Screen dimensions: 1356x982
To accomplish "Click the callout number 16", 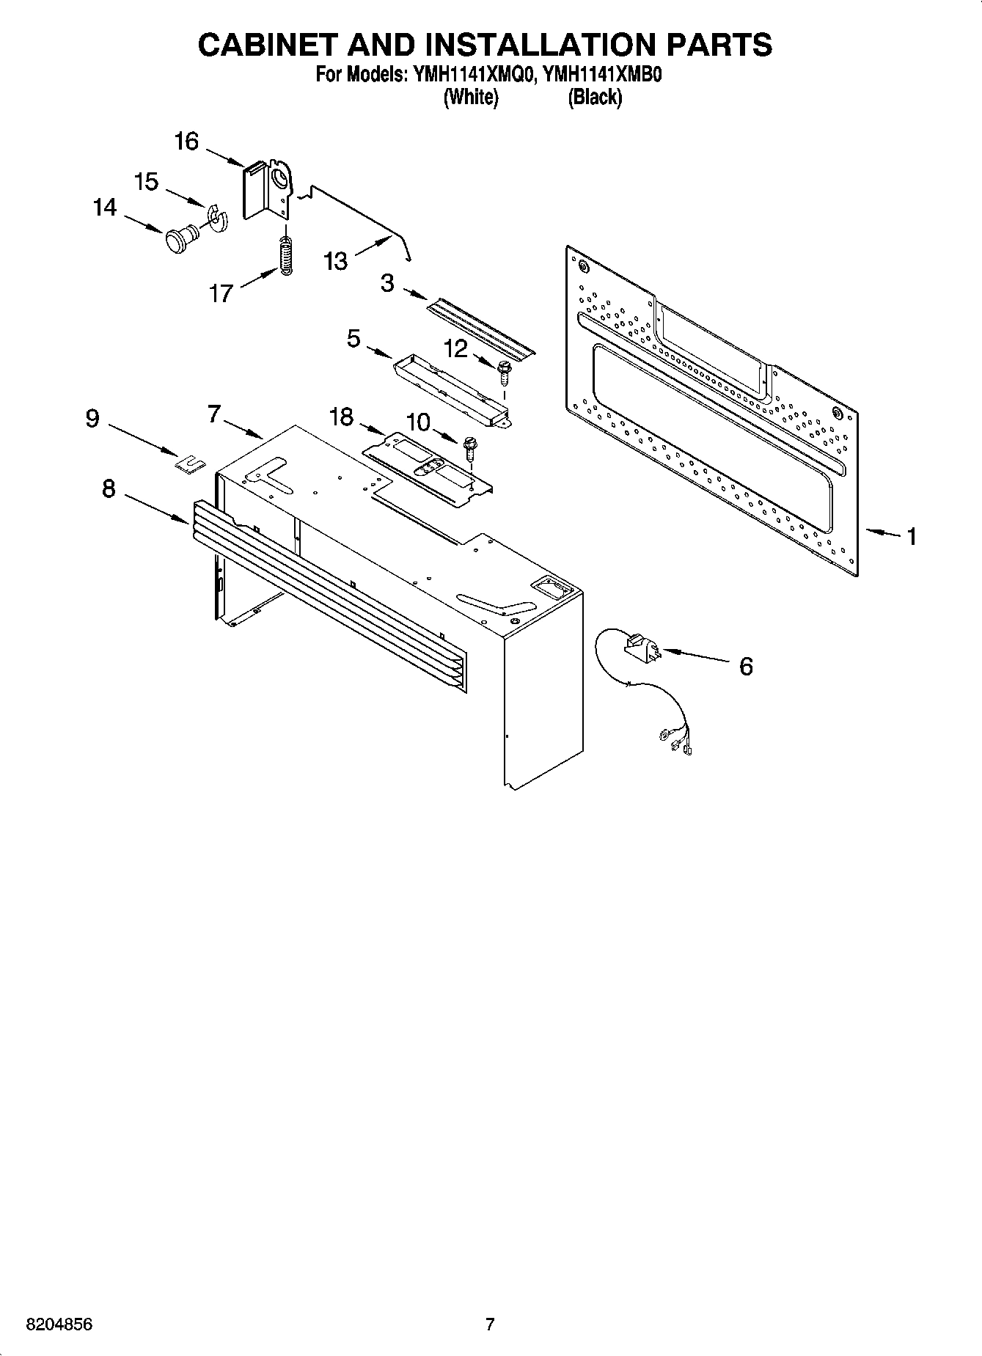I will (186, 141).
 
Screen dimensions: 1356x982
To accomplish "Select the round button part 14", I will (180, 238).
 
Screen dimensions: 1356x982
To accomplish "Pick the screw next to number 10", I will (471, 449).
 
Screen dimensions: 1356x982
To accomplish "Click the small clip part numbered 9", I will (190, 463).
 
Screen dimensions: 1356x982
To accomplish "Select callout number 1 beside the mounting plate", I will (911, 537).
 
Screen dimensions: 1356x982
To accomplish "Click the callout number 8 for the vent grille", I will (109, 488).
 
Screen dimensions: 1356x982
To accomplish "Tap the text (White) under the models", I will (471, 98).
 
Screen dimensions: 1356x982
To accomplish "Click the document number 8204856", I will (59, 1324).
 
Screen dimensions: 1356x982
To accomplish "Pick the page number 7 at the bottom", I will (490, 1324).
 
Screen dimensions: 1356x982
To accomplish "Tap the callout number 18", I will (341, 417).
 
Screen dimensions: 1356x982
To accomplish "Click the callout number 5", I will (353, 339).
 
